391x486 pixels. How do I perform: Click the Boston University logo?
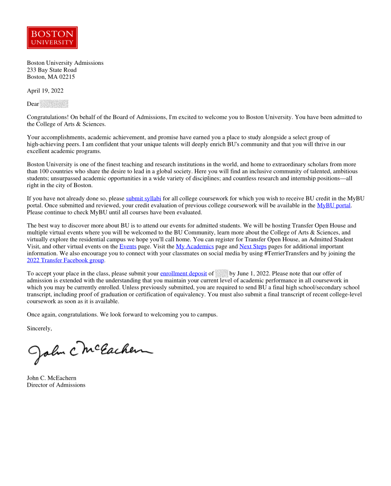52,38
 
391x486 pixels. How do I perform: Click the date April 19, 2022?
45,90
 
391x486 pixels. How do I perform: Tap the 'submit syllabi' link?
143,198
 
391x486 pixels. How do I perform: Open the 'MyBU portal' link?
334,205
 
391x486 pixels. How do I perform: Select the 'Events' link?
128,246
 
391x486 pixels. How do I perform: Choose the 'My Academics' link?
195,246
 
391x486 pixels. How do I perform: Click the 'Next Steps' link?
253,246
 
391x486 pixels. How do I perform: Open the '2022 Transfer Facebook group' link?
65,260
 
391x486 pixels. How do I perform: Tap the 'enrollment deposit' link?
184,273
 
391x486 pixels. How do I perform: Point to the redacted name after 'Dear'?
54,104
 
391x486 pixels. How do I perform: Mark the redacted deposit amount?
222,273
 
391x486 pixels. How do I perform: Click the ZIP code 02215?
67,77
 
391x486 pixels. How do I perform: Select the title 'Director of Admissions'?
56,385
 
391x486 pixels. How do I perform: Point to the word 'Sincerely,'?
39,328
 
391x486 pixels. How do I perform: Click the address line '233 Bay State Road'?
52,70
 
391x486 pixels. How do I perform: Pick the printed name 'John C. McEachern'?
52,378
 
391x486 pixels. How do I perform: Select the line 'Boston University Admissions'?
65,63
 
